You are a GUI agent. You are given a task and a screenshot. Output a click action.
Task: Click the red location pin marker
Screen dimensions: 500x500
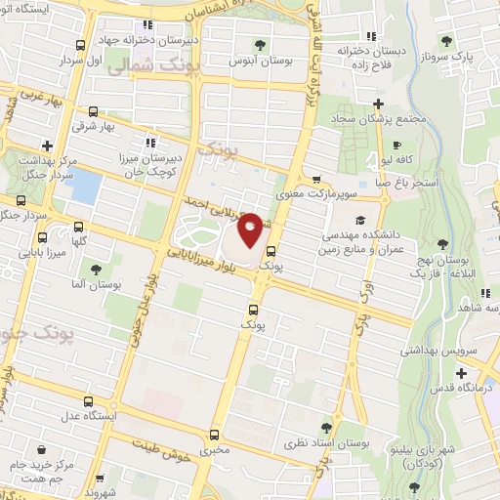[250, 229]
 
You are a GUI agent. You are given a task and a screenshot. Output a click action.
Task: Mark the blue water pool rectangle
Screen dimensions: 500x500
[85, 187]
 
